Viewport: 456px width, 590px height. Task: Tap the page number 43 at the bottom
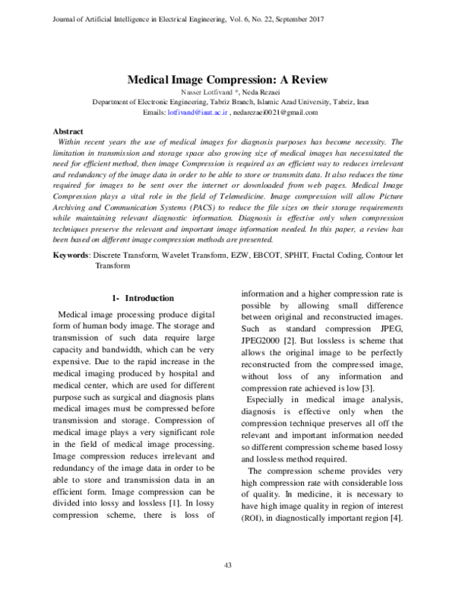click(x=227, y=563)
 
